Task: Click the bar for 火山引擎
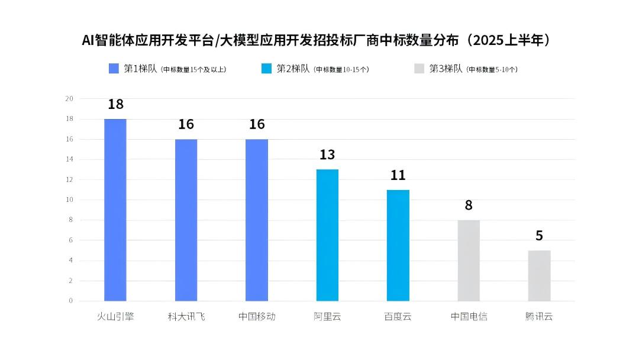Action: pyautogui.click(x=115, y=210)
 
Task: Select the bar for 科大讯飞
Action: pyautogui.click(x=186, y=220)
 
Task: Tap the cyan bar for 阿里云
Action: pyautogui.click(x=327, y=235)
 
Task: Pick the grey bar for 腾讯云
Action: pyautogui.click(x=539, y=276)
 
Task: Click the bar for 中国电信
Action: pyautogui.click(x=469, y=261)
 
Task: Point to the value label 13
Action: pyautogui.click(x=327, y=155)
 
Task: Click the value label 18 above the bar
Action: pyautogui.click(x=115, y=105)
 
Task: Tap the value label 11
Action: pyautogui.click(x=398, y=175)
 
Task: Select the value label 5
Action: pyautogui.click(x=539, y=236)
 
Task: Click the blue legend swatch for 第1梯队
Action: pyautogui.click(x=114, y=69)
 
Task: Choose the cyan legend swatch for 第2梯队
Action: pyautogui.click(x=266, y=69)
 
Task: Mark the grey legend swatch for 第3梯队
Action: pyautogui.click(x=419, y=69)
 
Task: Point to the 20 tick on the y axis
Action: pyautogui.click(x=69, y=99)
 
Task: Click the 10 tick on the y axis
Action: pyautogui.click(x=69, y=200)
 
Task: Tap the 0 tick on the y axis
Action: pyautogui.click(x=71, y=301)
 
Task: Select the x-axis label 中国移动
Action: pyautogui.click(x=257, y=317)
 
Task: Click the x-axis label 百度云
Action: pyautogui.click(x=398, y=317)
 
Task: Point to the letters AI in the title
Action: pyautogui.click(x=88, y=40)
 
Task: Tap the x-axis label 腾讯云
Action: pyautogui.click(x=539, y=317)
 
